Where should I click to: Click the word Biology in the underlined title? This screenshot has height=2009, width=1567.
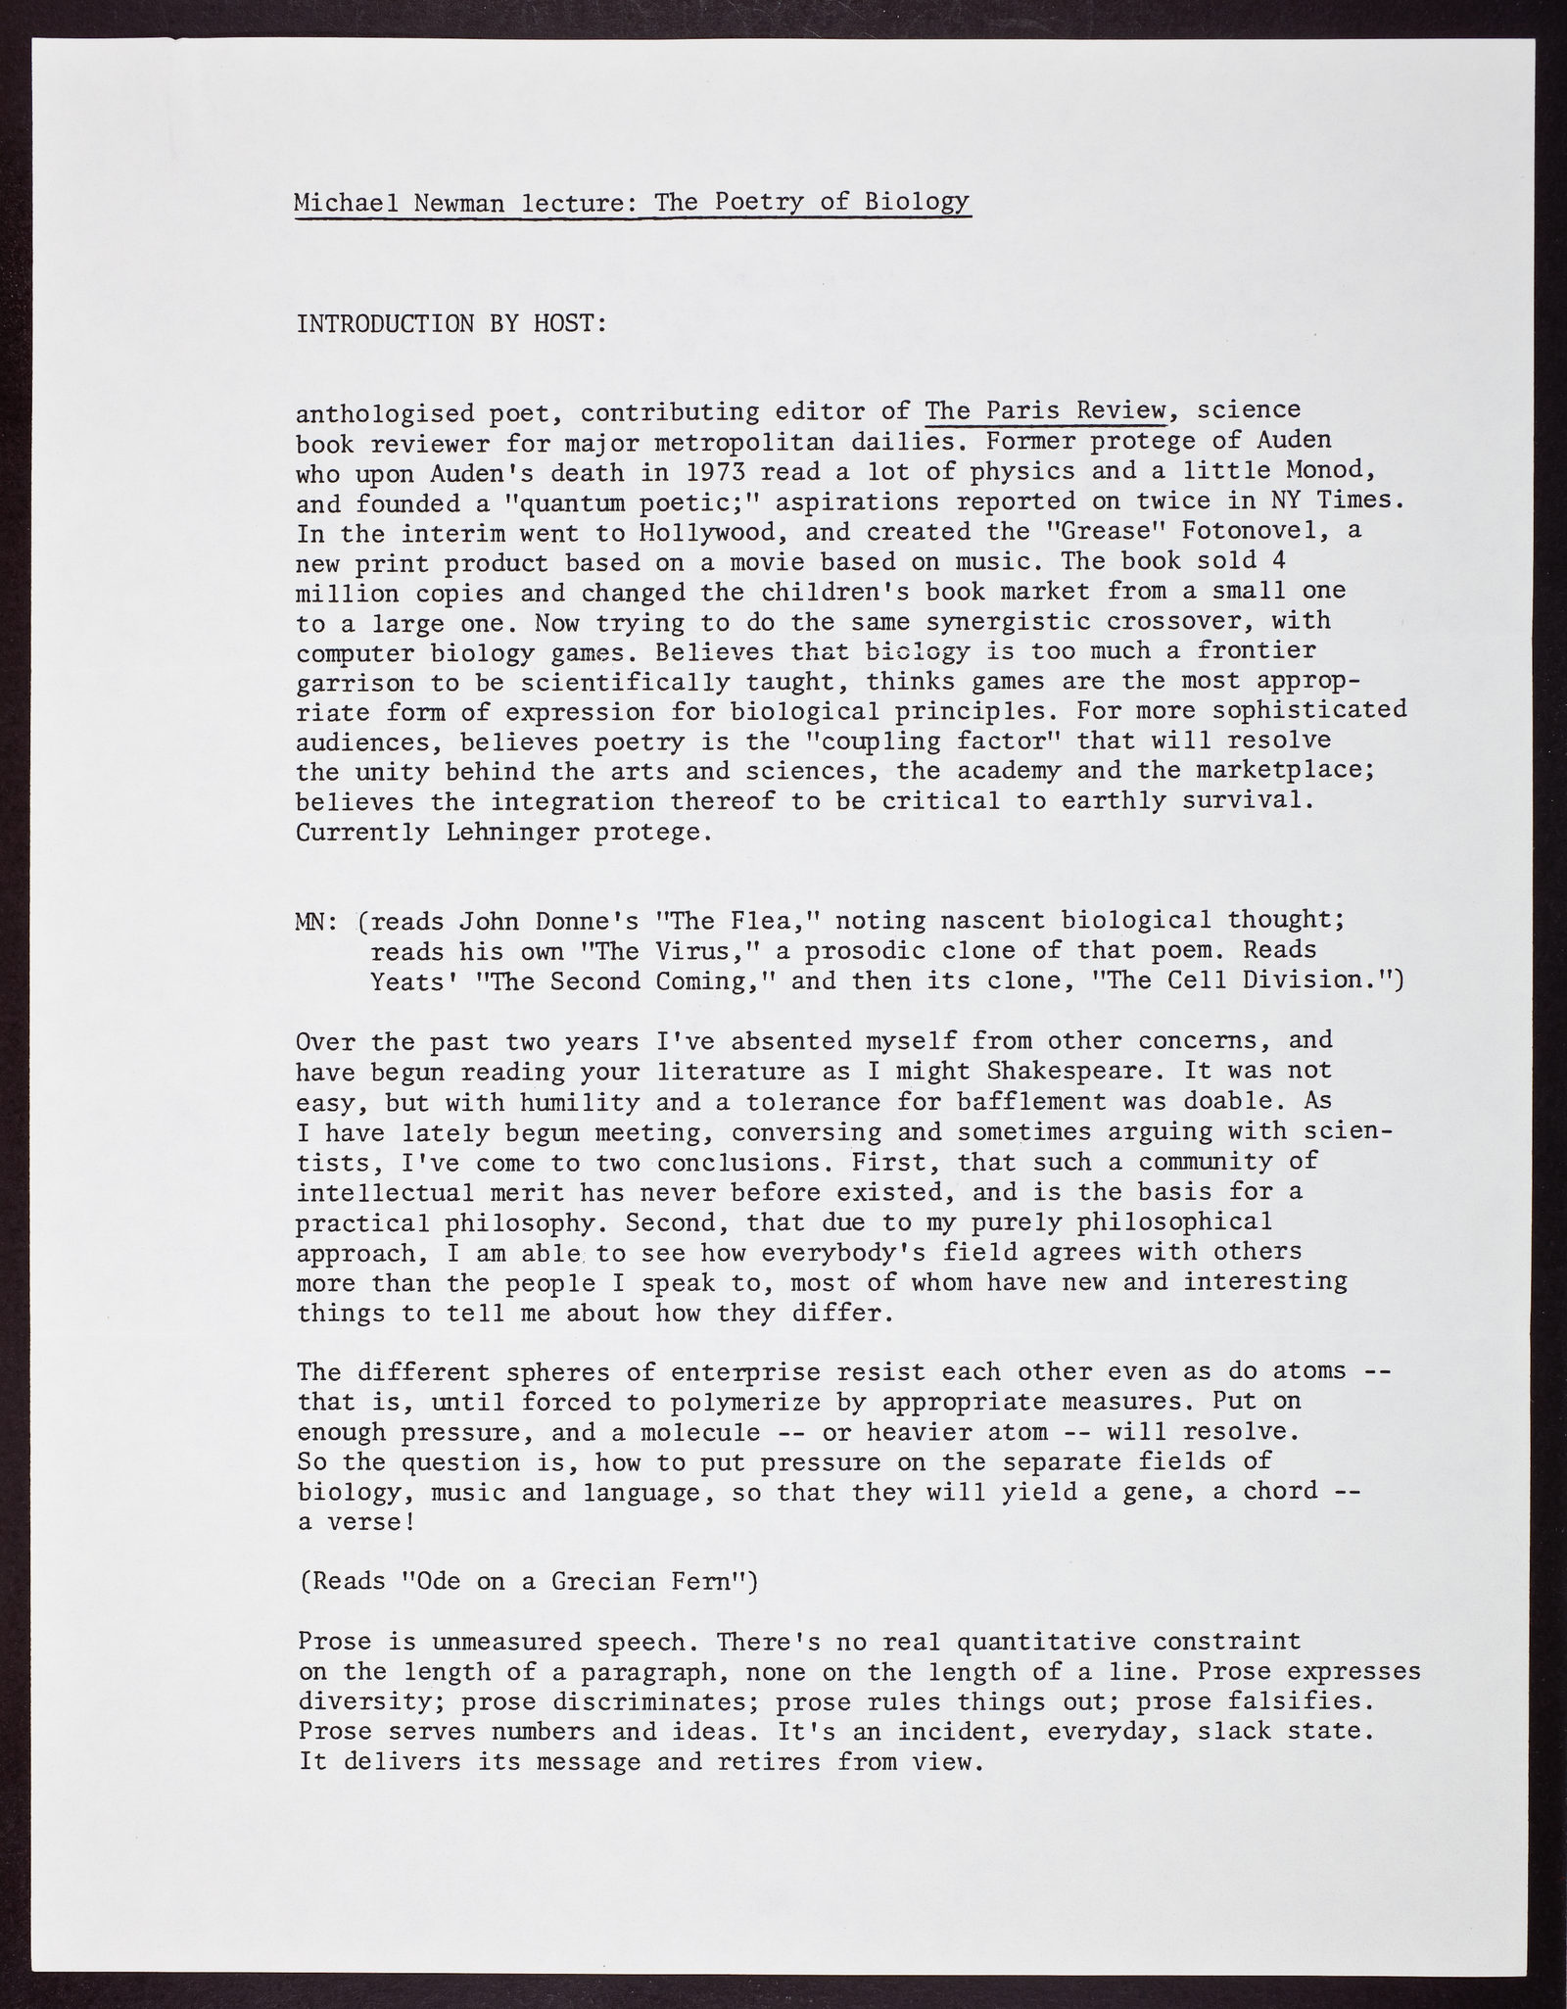(917, 202)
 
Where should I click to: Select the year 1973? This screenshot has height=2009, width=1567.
(706, 472)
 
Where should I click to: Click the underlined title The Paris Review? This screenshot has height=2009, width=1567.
(1046, 410)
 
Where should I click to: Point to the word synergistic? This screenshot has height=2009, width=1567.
(1008, 622)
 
